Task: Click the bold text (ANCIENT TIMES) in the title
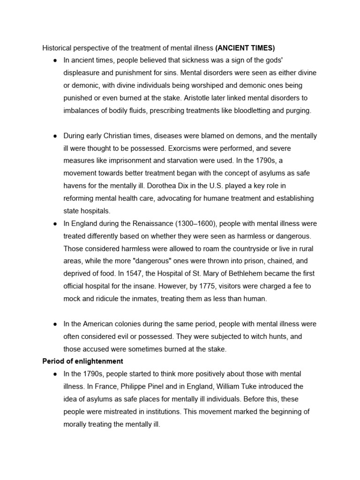(x=245, y=48)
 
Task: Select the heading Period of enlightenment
(x=82, y=361)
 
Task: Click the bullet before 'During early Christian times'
(x=55, y=136)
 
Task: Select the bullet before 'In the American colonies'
(x=55, y=324)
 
